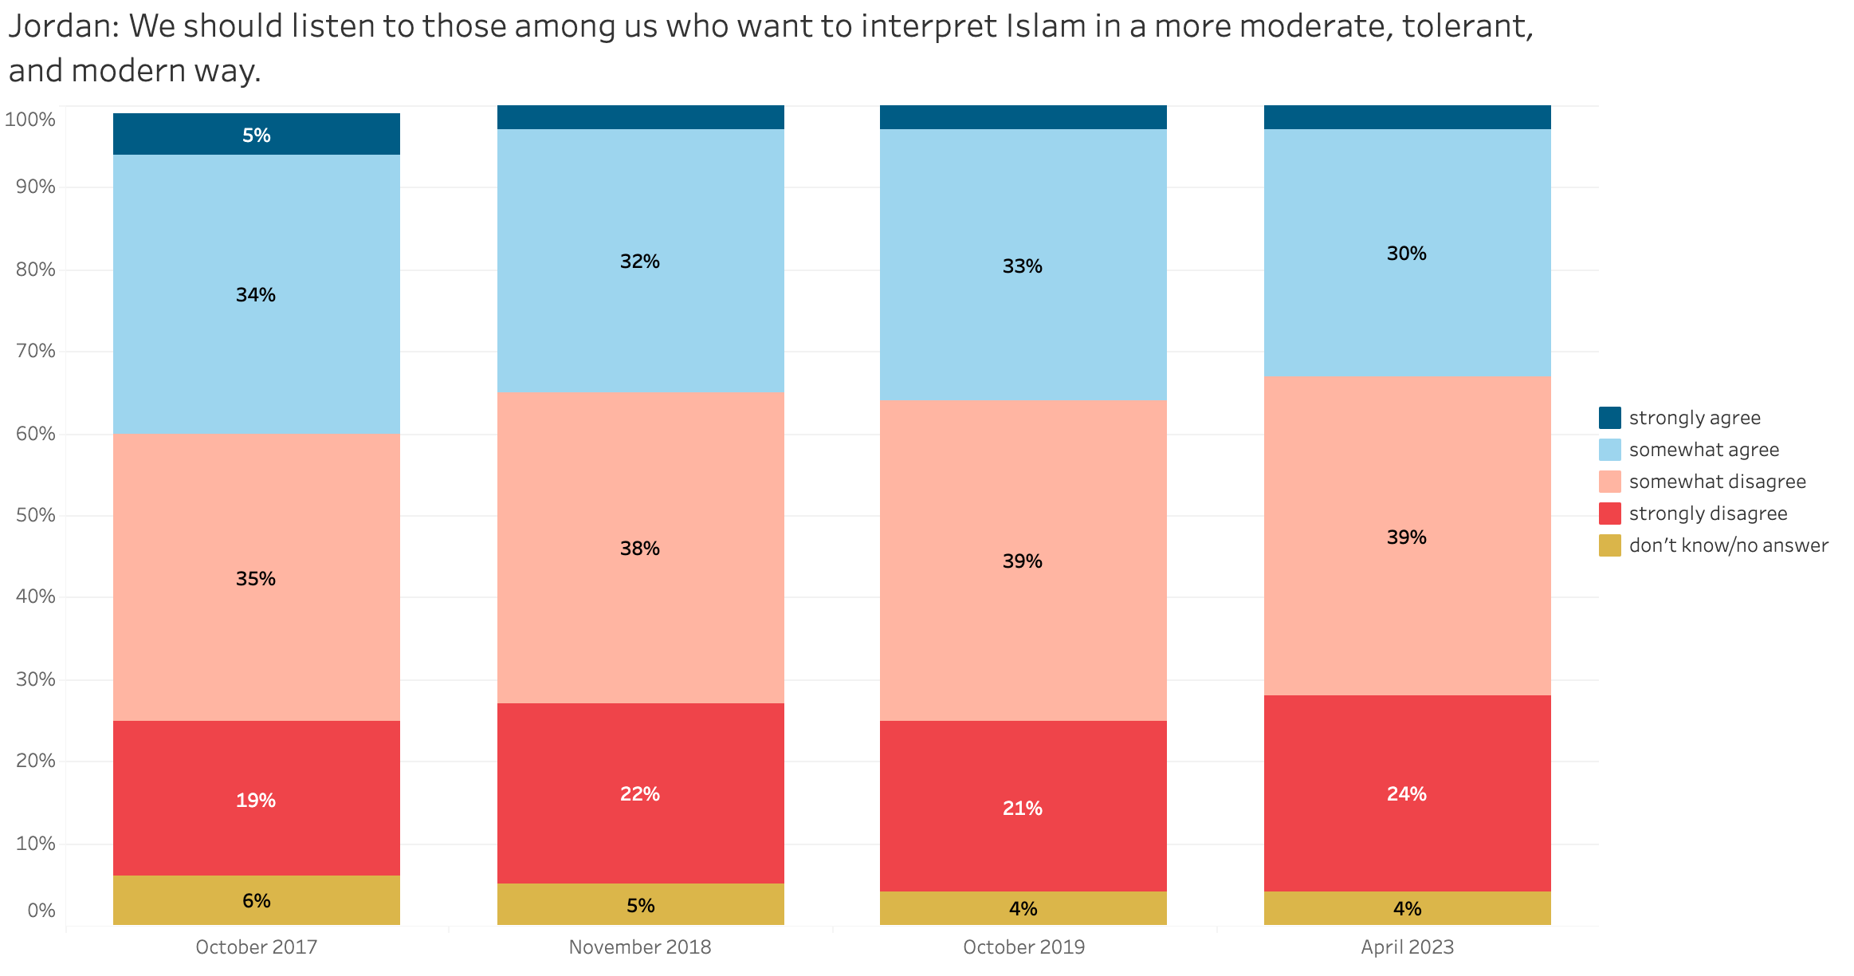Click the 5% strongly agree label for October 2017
[257, 136]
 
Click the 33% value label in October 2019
[1023, 266]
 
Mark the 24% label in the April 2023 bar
[1407, 794]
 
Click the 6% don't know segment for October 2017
[257, 900]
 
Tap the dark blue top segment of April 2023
[1407, 117]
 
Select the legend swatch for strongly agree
[1609, 418]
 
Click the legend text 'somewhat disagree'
[1717, 482]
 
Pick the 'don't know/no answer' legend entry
[1728, 545]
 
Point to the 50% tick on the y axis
[36, 515]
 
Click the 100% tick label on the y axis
[30, 120]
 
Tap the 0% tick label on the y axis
[41, 911]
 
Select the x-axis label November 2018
[640, 947]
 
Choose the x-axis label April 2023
[1407, 947]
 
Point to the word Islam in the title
[1047, 27]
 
